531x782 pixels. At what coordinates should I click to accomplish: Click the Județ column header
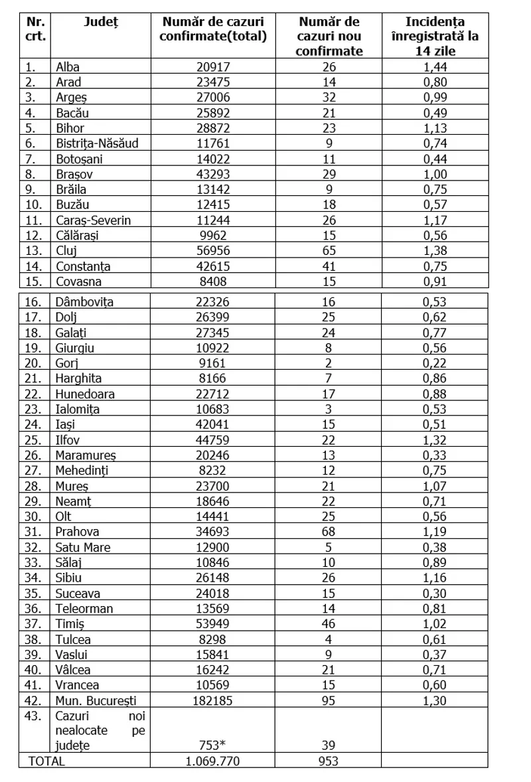click(100, 23)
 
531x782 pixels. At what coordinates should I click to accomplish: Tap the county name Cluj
click(67, 250)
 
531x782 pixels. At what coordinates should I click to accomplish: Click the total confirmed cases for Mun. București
click(212, 700)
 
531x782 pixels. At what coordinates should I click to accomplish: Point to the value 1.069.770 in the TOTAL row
click(212, 761)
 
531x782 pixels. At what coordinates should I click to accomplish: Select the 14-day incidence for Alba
click(435, 66)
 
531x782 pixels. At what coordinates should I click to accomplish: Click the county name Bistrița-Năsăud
click(97, 143)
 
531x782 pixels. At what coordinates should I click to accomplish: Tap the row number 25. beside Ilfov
click(33, 439)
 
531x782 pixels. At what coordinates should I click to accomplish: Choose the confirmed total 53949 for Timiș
click(212, 623)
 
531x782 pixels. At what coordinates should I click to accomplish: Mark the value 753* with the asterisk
click(212, 745)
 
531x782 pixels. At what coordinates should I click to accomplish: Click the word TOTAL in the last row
click(46, 761)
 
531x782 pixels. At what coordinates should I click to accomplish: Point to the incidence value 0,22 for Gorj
click(435, 362)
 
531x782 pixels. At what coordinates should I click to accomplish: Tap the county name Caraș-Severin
click(94, 220)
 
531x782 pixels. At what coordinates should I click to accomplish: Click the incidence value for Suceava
click(435, 593)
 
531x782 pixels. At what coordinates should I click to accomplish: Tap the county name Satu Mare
click(83, 547)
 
